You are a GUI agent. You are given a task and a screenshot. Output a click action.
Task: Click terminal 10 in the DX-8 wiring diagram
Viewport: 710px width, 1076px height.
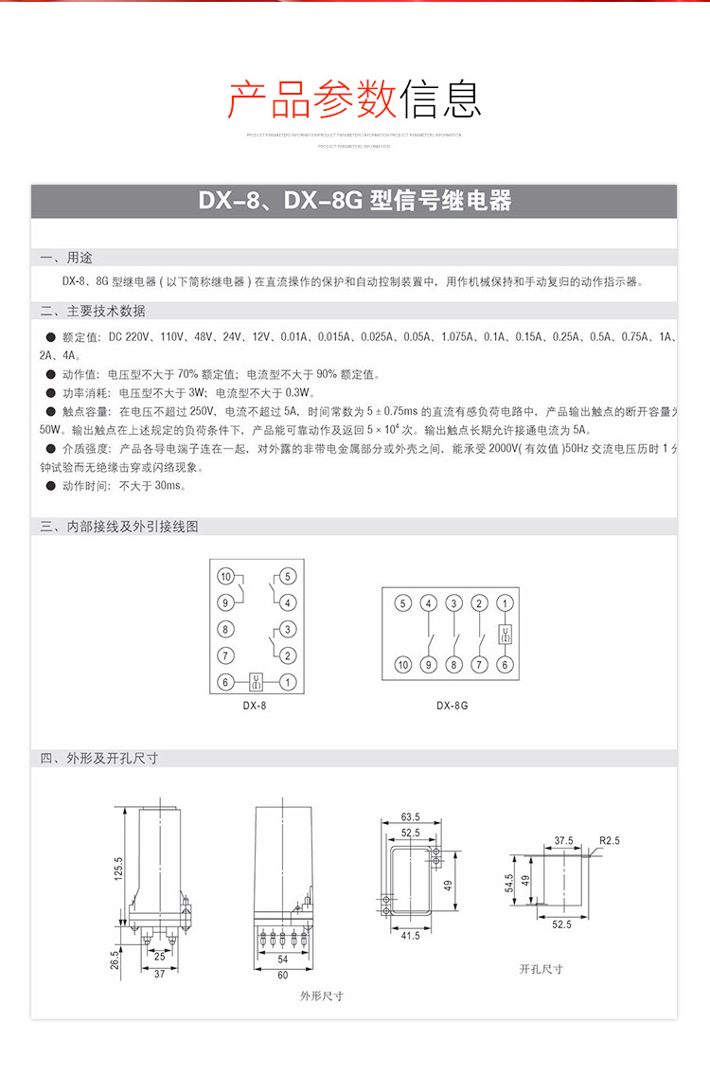coord(225,576)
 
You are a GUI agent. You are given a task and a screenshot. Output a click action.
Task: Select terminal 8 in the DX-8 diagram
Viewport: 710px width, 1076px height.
coord(225,628)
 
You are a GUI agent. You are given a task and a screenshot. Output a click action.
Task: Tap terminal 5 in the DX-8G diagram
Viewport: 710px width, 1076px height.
coord(402,603)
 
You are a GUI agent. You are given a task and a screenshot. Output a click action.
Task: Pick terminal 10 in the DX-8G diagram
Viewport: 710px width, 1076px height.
coord(402,666)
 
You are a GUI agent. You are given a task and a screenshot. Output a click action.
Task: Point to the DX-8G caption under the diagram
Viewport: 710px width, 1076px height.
coord(452,706)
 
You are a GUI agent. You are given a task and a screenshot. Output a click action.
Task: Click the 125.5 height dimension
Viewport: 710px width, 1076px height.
coord(119,868)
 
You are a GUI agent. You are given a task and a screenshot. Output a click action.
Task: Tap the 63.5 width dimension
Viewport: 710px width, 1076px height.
coord(410,816)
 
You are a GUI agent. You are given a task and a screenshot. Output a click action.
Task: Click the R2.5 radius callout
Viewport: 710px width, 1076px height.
coord(609,840)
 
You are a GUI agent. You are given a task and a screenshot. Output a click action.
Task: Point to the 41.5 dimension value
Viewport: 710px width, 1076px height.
coord(410,936)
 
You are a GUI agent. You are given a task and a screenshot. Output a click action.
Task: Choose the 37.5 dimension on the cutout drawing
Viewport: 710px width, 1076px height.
coord(564,840)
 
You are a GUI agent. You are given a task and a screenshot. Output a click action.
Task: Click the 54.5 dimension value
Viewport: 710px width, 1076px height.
coord(509,883)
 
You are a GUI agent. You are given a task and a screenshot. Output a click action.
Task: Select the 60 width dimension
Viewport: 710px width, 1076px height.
coord(282,975)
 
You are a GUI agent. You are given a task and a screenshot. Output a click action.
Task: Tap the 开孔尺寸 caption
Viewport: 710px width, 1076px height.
coord(541,969)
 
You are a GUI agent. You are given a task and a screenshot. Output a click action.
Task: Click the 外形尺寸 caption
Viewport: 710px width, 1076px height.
coord(322,995)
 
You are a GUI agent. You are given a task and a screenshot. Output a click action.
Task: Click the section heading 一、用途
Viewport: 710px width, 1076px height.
coord(66,258)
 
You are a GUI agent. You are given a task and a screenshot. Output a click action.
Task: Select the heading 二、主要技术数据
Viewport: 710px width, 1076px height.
coord(93,311)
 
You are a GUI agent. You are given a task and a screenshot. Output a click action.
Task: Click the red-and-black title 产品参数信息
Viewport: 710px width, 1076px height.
coord(355,99)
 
